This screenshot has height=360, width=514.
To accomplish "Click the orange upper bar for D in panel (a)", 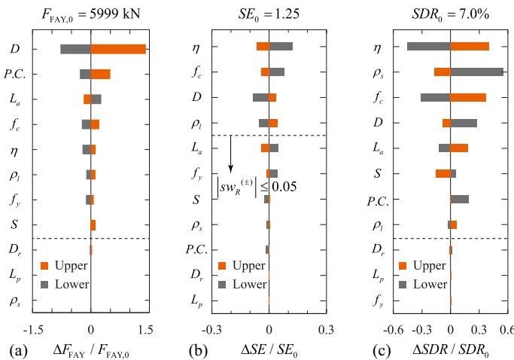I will (118, 49).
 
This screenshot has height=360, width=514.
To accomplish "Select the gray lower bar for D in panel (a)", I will (75, 49).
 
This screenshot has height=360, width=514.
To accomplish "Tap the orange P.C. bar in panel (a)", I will (101, 74).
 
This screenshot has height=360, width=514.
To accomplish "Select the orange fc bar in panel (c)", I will (468, 97).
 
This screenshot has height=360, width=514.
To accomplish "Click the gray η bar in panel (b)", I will (281, 47).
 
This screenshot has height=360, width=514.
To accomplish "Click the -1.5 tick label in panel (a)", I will (33, 329).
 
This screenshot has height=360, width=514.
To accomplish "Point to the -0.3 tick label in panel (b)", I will (212, 329).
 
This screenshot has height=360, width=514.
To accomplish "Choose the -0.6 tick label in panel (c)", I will (394, 329).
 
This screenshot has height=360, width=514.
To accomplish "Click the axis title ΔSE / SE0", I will (269, 349).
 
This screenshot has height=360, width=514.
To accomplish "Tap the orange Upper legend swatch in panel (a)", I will (44, 265).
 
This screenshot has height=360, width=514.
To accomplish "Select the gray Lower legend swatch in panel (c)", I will (403, 285).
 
